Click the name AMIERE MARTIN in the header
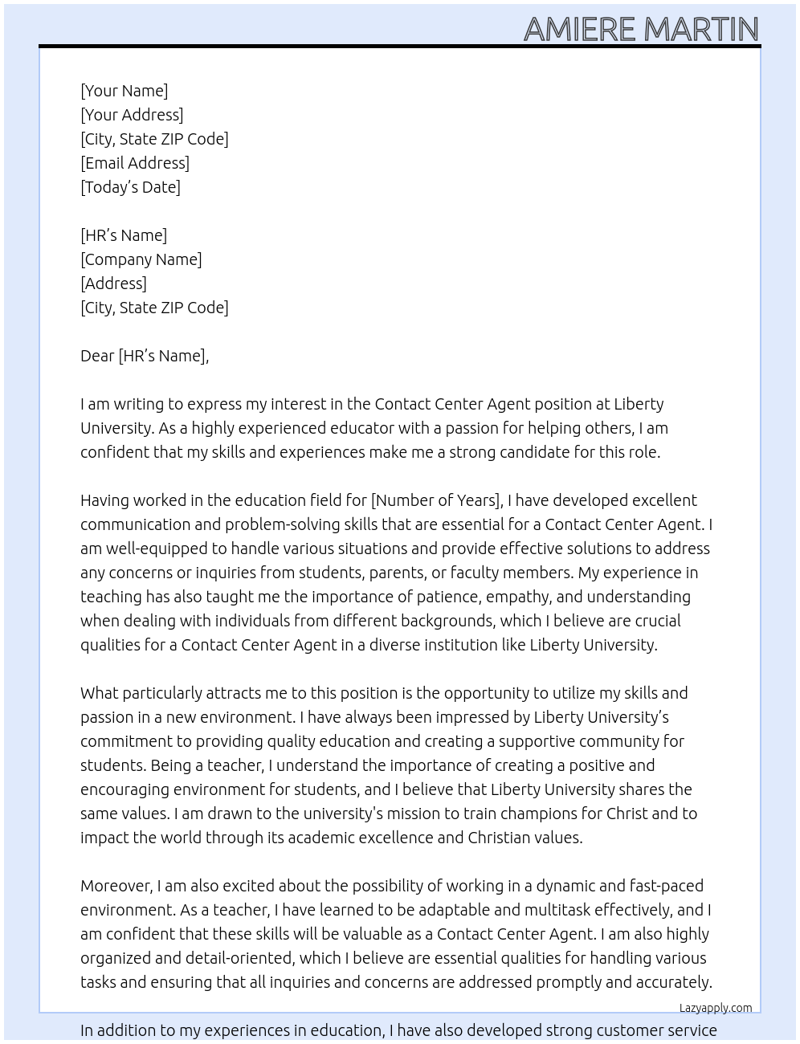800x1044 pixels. [640, 29]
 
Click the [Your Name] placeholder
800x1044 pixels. [124, 91]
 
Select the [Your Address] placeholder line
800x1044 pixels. [132, 115]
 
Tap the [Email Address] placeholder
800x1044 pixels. [135, 163]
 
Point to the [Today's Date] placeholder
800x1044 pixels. [130, 187]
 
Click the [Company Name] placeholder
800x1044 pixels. [141, 259]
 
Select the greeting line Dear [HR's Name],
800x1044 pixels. [145, 356]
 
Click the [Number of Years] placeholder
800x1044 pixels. [436, 500]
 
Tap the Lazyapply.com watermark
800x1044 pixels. [715, 1008]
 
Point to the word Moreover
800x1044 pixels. [116, 886]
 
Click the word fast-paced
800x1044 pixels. [667, 886]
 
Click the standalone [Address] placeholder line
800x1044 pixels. [113, 283]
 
